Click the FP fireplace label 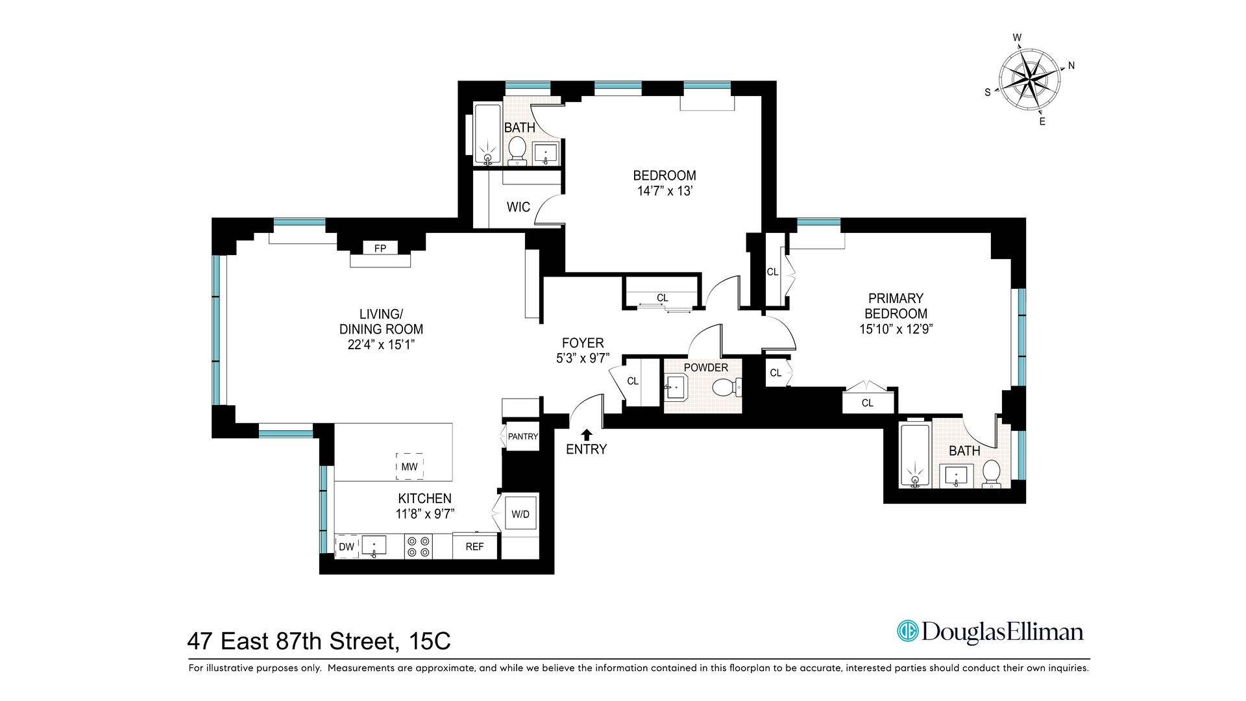click(380, 248)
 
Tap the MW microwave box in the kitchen click(409, 467)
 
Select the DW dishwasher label click(347, 547)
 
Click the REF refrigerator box click(474, 547)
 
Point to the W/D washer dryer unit click(520, 515)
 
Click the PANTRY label click(522, 436)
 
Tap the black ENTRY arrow click(587, 435)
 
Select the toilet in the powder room click(724, 388)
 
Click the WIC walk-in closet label click(518, 207)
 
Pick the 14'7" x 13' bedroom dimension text click(665, 191)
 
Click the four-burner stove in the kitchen click(418, 546)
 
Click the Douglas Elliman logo click(990, 631)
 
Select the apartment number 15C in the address click(430, 641)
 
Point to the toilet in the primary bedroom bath click(991, 473)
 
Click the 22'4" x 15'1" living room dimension click(380, 345)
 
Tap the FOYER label click(583, 343)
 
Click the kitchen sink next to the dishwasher click(374, 545)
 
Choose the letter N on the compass click(1071, 66)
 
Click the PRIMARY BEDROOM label click(896, 306)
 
